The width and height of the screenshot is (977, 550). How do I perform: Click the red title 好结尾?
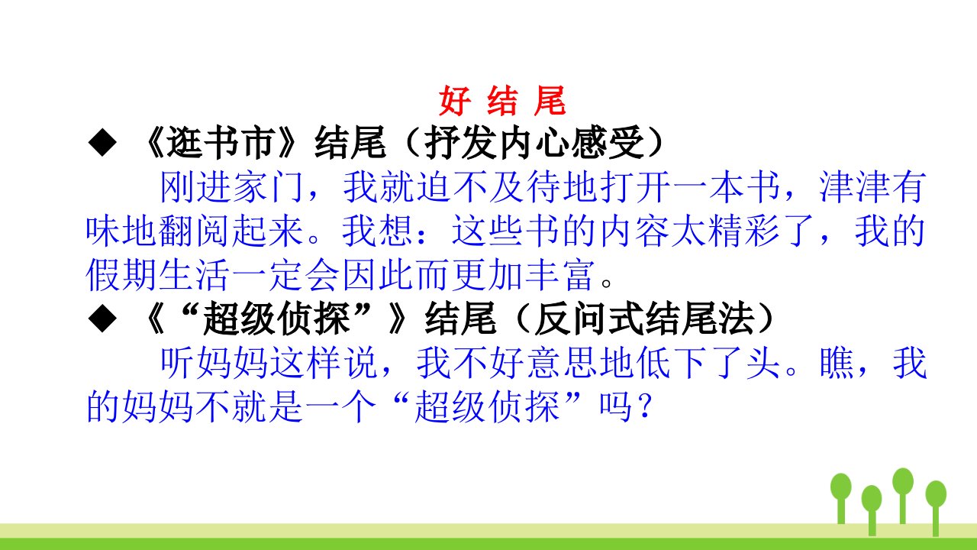[x=502, y=102]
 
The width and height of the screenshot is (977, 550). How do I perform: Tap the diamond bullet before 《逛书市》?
[x=102, y=142]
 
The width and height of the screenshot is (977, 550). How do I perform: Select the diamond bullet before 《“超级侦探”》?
[x=102, y=319]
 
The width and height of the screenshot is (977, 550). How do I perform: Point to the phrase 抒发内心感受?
[x=534, y=143]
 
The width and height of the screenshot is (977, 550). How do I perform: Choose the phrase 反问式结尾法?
[x=645, y=319]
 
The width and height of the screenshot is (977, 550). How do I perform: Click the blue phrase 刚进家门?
[x=232, y=187]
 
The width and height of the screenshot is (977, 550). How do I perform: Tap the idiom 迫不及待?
[x=489, y=187]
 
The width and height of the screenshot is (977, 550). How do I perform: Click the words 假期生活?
[x=158, y=275]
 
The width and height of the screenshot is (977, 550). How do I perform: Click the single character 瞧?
[x=837, y=363]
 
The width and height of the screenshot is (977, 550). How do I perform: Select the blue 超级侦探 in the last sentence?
[x=488, y=407]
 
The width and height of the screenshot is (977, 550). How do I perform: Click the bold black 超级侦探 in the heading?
[x=276, y=319]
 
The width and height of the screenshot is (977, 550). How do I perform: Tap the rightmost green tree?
[x=936, y=508]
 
